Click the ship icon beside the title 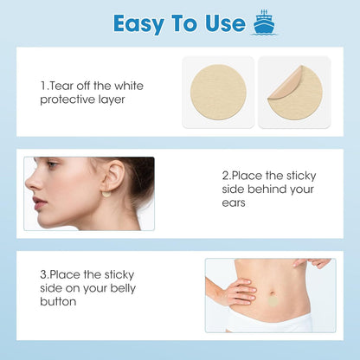click(264, 22)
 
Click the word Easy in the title click(139, 24)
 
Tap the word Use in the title click(225, 23)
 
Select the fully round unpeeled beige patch click(218, 92)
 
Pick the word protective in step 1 click(67, 100)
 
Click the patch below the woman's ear click(106, 194)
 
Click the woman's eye click(53, 164)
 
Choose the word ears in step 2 click(234, 202)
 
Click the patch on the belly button click(272, 302)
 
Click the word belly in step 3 click(123, 288)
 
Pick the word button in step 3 click(58, 302)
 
